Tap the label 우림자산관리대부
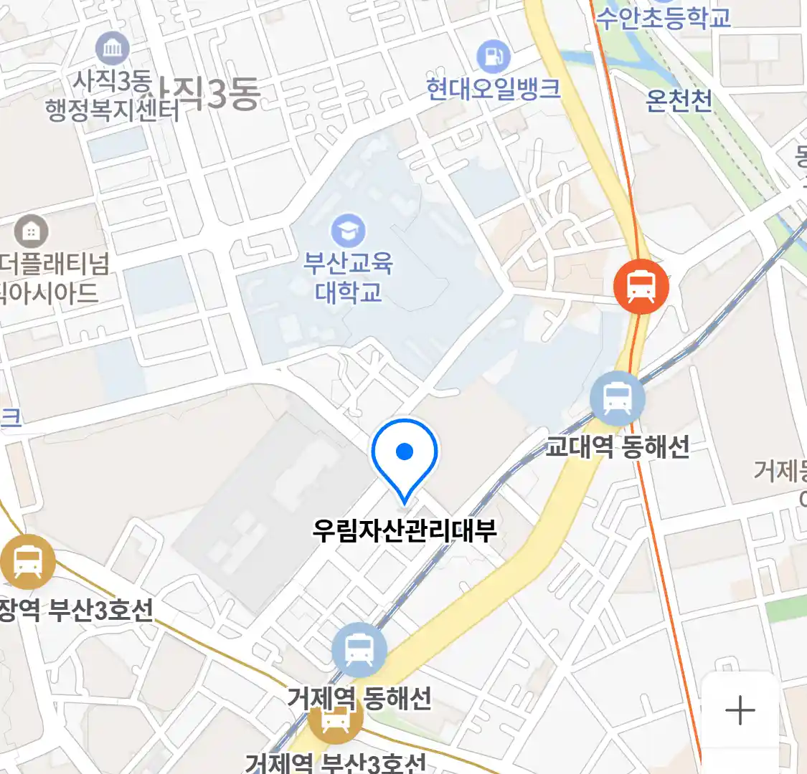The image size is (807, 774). click(405, 531)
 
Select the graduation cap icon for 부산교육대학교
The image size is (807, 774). click(349, 231)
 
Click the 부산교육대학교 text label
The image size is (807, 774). click(349, 278)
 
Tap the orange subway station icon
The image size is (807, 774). click(641, 287)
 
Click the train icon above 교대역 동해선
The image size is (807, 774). click(618, 398)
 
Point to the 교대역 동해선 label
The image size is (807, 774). click(617, 447)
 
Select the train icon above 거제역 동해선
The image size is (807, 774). click(359, 650)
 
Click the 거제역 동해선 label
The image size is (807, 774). click(359, 697)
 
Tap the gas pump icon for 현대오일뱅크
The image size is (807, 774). click(493, 56)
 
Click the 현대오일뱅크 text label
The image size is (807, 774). click(493, 89)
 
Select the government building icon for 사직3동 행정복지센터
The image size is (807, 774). click(113, 49)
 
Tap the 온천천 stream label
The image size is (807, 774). click(679, 101)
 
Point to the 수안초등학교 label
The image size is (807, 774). click(663, 18)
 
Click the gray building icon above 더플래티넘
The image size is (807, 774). click(31, 231)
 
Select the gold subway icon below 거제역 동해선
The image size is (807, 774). click(335, 720)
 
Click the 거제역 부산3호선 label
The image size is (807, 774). click(336, 763)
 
